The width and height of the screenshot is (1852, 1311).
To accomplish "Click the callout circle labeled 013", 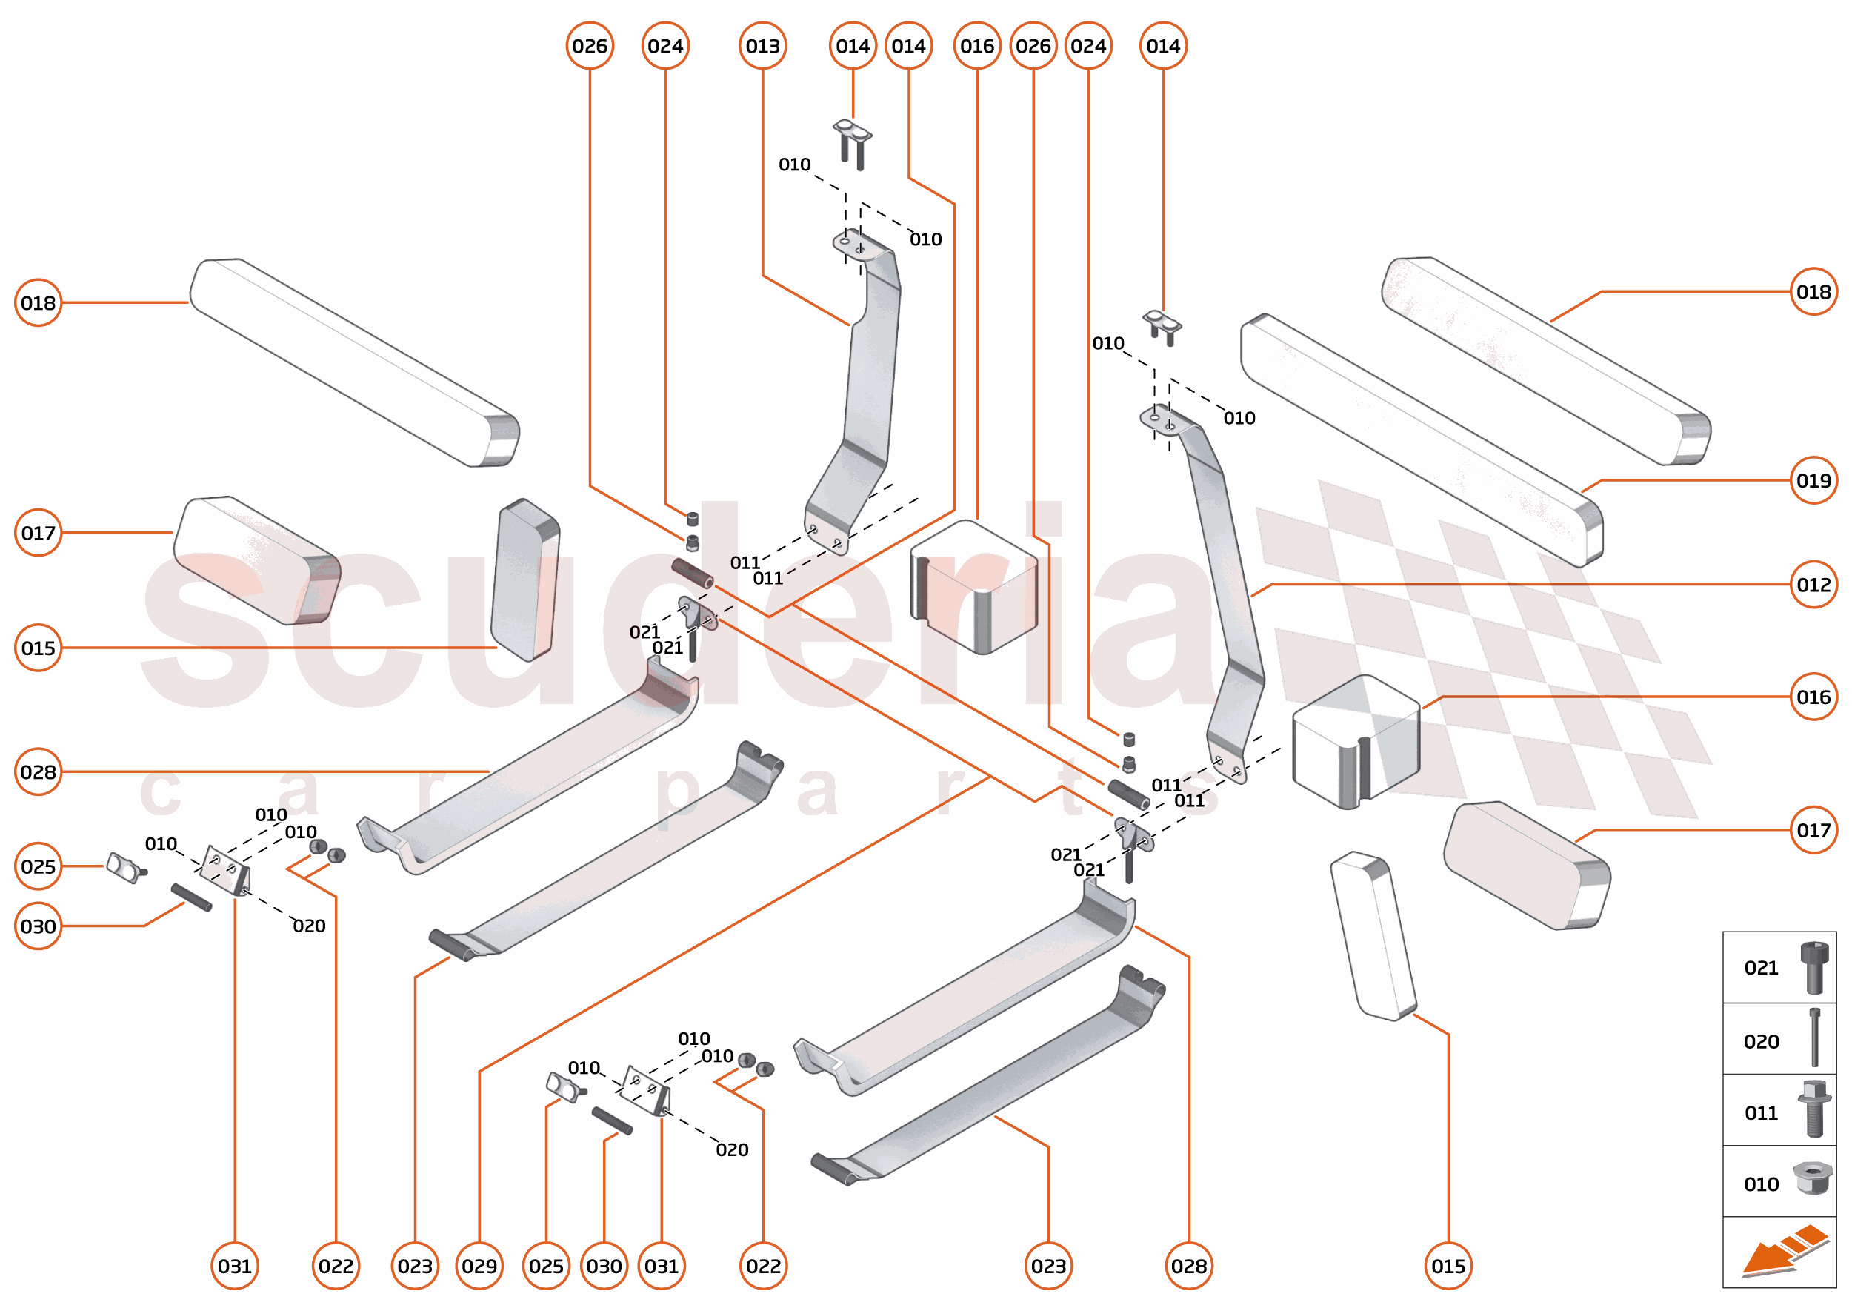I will (x=762, y=46).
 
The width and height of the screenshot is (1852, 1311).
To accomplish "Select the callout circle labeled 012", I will (x=1813, y=585).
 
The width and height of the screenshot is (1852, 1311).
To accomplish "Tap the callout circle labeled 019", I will (x=1813, y=480).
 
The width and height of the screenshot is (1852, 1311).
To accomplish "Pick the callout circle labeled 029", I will (x=479, y=1266).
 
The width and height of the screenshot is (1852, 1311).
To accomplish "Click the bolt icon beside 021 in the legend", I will (x=1814, y=967).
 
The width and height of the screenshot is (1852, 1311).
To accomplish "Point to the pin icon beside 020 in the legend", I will (x=1815, y=1038).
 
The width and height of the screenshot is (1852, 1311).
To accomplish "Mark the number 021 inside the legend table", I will (x=1761, y=968).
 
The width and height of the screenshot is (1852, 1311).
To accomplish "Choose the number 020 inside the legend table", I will (x=1761, y=1041).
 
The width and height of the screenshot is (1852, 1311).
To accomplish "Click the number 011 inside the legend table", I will (x=1761, y=1113).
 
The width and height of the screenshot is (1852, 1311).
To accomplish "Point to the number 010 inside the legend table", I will (x=1761, y=1184).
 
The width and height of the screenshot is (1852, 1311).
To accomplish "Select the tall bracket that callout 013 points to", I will (x=868, y=388).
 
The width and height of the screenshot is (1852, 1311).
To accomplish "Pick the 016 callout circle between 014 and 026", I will (x=977, y=46).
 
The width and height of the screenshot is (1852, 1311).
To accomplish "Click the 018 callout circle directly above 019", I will (x=1813, y=291).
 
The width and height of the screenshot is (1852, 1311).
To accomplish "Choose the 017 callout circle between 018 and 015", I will (x=38, y=533).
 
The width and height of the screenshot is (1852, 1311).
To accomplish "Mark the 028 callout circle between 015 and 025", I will (x=38, y=771).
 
